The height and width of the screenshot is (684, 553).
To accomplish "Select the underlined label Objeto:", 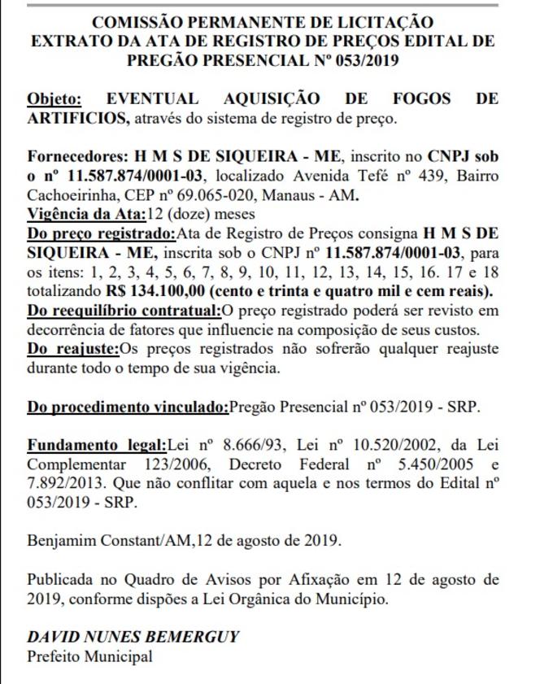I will (54, 100).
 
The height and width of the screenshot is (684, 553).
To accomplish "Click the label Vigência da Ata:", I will (85, 216).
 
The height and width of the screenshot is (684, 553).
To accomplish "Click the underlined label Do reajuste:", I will (73, 349).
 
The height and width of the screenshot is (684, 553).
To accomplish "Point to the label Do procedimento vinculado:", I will (128, 407).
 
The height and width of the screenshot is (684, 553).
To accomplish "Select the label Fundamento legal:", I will (96, 445).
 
